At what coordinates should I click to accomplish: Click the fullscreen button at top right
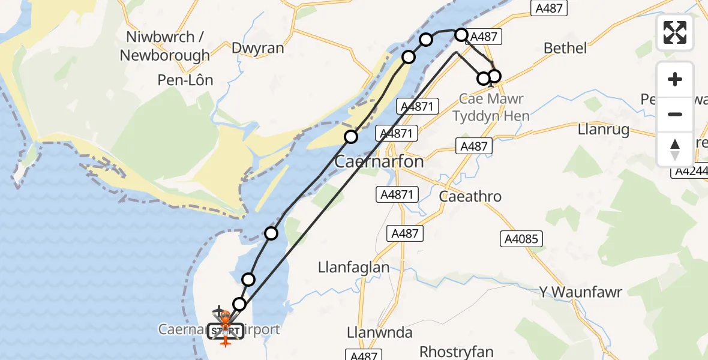pos(675,32)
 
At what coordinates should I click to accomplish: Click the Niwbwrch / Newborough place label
pos(164,46)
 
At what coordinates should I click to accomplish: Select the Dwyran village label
pos(257,49)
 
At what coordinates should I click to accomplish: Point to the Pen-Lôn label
pos(185,80)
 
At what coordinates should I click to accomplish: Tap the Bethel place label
pos(565,48)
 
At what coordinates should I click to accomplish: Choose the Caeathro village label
pos(470,196)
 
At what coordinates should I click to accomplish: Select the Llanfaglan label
pos(354,268)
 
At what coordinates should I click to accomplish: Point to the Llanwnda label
pos(380,332)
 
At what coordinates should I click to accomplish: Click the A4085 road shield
pos(521,239)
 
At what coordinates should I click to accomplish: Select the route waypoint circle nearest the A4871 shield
pos(351,137)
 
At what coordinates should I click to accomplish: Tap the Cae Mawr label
pos(491,99)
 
